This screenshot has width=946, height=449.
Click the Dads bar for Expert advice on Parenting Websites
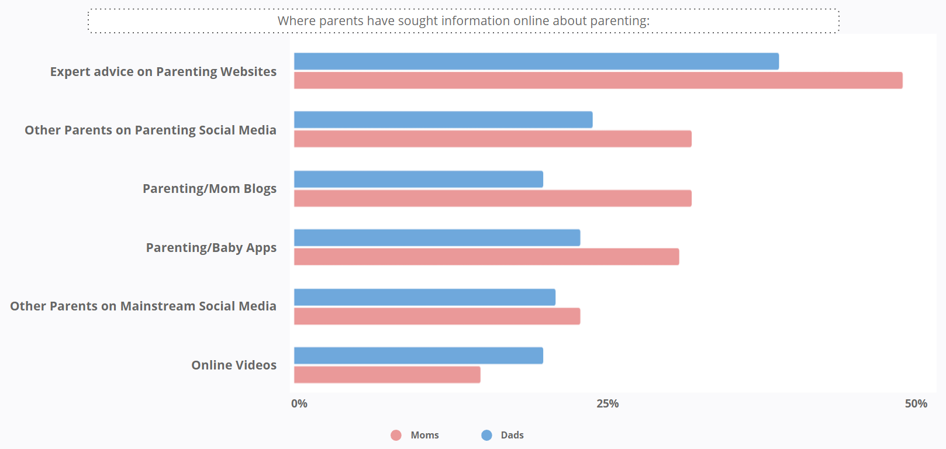click(536, 61)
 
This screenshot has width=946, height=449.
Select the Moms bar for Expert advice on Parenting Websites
click(598, 81)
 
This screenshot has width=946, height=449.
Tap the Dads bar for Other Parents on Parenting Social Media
click(443, 120)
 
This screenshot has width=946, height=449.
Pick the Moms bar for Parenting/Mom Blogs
click(493, 198)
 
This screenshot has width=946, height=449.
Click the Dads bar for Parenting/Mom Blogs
click(419, 179)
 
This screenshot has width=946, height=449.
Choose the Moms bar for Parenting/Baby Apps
click(486, 257)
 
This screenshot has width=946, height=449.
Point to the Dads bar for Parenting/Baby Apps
click(437, 238)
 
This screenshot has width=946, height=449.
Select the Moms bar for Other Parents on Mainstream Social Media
click(437, 316)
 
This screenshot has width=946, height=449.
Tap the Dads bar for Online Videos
click(419, 355)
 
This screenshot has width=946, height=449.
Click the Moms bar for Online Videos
click(387, 375)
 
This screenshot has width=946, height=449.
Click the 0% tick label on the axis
click(299, 403)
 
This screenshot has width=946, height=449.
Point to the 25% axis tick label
click(607, 403)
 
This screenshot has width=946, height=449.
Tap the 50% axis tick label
click(916, 403)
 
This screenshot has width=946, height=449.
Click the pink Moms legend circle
click(396, 435)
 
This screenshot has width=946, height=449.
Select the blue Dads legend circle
click(486, 435)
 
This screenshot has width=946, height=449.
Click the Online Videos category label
click(234, 365)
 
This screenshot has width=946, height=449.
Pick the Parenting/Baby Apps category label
click(211, 248)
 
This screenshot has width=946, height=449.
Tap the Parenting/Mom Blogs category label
click(209, 189)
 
